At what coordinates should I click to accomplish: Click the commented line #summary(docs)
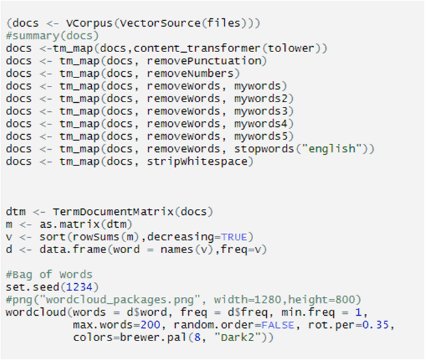pos(52,36)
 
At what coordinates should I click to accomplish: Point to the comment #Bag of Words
pos(49,275)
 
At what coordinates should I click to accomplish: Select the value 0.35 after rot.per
pos(350,325)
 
